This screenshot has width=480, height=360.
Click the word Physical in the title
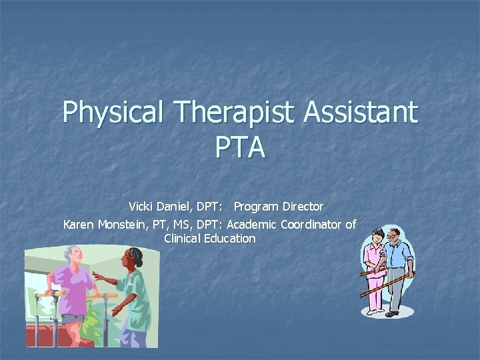[112, 112]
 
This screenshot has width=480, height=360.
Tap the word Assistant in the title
[361, 112]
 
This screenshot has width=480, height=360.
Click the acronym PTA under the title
[240, 147]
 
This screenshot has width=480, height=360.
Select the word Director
[301, 207]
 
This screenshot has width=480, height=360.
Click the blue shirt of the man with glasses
[399, 257]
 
